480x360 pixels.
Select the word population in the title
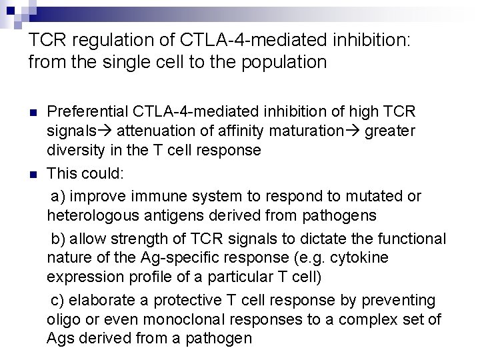(x=287, y=62)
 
